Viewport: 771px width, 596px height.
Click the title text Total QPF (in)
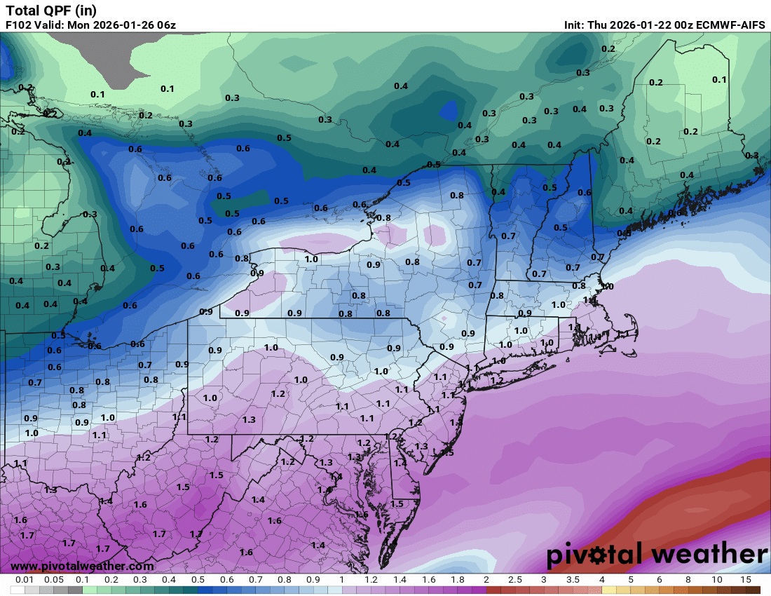click(51, 10)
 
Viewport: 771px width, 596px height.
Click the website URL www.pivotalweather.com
click(82, 566)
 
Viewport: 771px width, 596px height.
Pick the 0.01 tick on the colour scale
click(25, 580)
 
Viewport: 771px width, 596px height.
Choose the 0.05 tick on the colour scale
click(54, 580)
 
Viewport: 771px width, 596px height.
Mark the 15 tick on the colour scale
click(746, 580)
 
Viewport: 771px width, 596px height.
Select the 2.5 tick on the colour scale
click(515, 580)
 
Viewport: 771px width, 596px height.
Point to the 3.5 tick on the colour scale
click(573, 580)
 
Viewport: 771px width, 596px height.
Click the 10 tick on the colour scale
click(717, 580)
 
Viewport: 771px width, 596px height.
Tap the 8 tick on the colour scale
click(688, 580)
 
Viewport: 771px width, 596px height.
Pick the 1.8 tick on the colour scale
click(458, 580)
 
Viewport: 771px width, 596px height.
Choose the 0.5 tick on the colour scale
click(198, 580)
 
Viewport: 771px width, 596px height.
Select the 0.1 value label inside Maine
click(719, 79)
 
